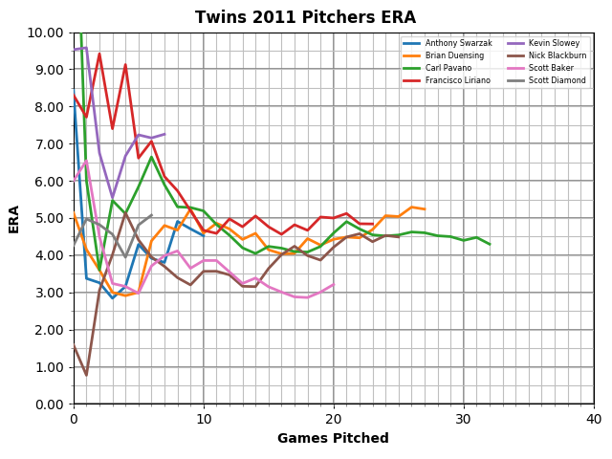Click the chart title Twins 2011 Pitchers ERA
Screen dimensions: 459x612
pos(305,18)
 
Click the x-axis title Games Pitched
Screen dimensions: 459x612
pos(333,439)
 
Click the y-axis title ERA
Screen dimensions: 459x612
pos(14,218)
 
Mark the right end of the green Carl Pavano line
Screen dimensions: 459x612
pos(490,244)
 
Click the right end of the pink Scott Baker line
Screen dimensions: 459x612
pos(334,284)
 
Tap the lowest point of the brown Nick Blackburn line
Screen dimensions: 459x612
pos(87,375)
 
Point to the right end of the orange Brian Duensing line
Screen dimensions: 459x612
pos(425,209)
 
